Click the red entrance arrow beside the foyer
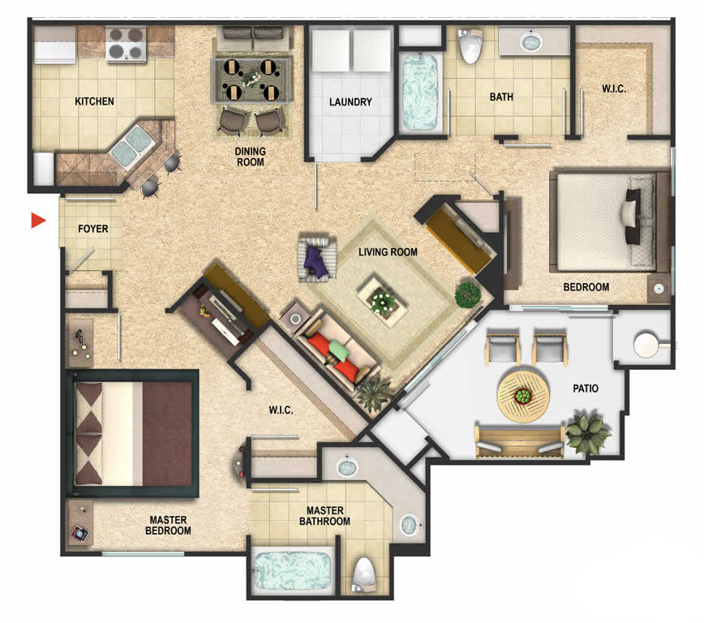click(37, 220)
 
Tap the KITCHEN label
click(94, 101)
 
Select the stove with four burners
click(127, 44)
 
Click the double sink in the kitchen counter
click(133, 145)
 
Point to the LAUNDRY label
click(350, 102)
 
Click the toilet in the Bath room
click(470, 45)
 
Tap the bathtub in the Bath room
click(419, 92)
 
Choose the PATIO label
click(586, 389)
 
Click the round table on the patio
click(523, 396)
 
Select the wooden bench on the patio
click(520, 441)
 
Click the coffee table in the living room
click(382, 299)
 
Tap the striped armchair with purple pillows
click(317, 257)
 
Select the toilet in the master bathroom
click(364, 576)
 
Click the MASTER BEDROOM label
click(168, 525)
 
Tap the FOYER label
click(93, 229)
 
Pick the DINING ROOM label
click(250, 157)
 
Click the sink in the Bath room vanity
click(531, 42)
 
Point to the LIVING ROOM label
click(388, 252)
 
